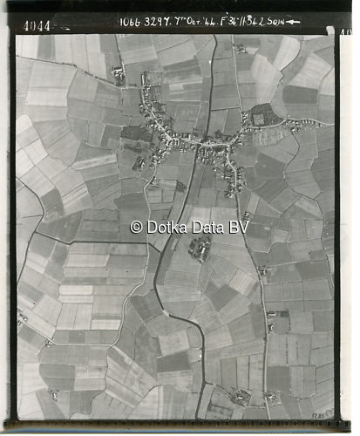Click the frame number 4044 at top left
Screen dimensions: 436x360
(37, 26)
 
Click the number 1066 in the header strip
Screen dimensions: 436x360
(129, 21)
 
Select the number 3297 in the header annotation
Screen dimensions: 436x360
(154, 21)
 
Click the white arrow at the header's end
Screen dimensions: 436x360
(293, 22)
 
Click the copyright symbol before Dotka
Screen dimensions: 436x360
(136, 227)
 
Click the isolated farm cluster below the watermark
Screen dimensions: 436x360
(200, 249)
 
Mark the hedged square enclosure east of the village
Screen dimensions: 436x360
(261, 115)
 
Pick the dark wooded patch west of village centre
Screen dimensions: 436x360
(135, 133)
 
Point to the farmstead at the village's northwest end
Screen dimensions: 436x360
(119, 77)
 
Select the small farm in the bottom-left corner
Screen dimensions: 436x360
(54, 394)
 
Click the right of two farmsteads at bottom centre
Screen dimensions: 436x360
(271, 398)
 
